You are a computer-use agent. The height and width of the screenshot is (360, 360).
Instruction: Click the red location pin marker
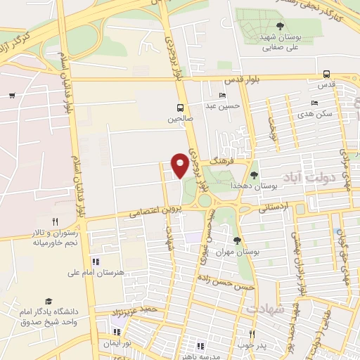point(180,165)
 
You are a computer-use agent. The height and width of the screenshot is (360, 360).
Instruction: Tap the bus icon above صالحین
point(180,108)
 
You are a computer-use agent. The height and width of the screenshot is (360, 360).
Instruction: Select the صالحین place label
point(180,120)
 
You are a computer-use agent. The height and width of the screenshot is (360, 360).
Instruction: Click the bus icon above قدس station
point(327,74)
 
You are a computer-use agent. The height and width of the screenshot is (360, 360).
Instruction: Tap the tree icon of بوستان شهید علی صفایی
point(281,27)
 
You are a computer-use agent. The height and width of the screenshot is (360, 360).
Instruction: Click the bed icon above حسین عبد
point(224,96)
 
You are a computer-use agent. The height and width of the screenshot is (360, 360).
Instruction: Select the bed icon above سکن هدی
point(314,103)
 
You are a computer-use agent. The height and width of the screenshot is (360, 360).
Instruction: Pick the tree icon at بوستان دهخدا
point(254,175)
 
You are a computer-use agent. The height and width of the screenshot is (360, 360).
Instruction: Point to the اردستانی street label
point(274,208)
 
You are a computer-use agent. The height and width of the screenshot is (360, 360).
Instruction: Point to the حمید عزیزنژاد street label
point(143,309)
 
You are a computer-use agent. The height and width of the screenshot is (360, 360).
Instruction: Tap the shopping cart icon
point(12,95)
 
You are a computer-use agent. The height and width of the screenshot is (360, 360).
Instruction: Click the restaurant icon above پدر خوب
point(252,334)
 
